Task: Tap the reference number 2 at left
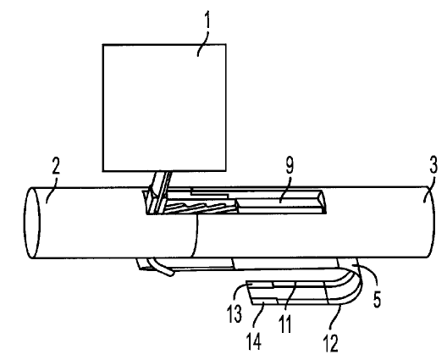[56, 166]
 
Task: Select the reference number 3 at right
[433, 166]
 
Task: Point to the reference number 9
[290, 166]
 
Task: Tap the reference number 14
[253, 341]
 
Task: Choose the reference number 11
[285, 324]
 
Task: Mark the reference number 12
[331, 343]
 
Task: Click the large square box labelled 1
[164, 108]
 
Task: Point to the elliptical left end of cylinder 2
[32, 223]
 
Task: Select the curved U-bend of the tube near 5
[355, 281]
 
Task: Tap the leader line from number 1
[203, 43]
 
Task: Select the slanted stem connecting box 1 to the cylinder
[160, 192]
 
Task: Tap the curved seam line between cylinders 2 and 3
[196, 236]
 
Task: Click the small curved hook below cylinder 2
[162, 268]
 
